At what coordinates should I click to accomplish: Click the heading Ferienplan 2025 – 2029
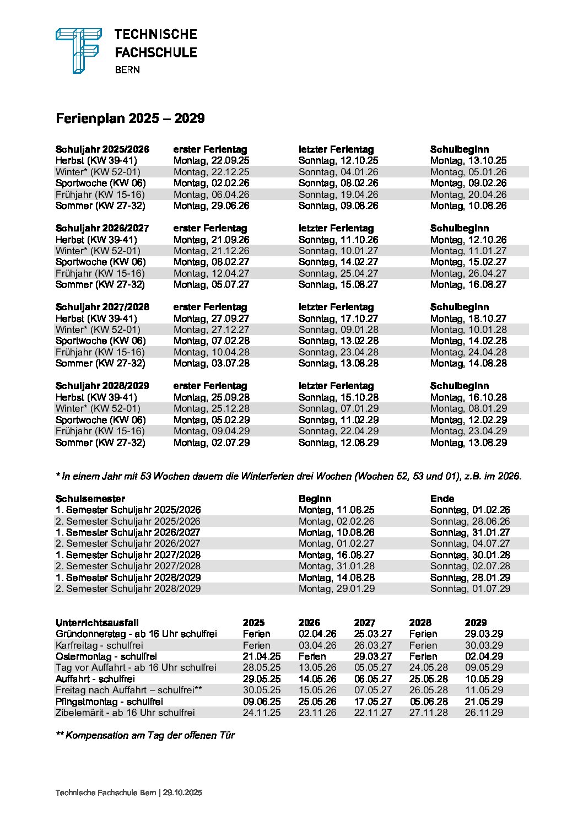130,118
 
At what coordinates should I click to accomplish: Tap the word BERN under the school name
127,70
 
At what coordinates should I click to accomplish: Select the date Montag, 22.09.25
211,160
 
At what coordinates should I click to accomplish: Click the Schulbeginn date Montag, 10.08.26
468,206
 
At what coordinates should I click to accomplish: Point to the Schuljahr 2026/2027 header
102,228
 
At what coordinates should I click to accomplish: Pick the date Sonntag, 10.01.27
338,251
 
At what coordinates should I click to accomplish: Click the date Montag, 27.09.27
211,319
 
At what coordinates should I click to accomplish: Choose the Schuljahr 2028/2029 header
102,386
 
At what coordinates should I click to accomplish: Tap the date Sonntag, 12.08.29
338,443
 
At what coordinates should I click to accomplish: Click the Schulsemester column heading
90,499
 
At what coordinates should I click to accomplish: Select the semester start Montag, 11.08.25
336,510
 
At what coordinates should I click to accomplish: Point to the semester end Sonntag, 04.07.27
470,543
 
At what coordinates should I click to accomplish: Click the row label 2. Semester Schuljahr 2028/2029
128,589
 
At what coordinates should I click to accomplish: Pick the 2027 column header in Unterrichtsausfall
365,623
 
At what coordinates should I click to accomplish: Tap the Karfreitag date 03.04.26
317,645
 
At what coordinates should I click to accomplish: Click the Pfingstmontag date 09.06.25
262,702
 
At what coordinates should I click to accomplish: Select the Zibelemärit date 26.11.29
484,713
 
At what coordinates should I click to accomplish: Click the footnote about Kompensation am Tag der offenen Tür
145,736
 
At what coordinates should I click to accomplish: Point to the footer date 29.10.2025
182,793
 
